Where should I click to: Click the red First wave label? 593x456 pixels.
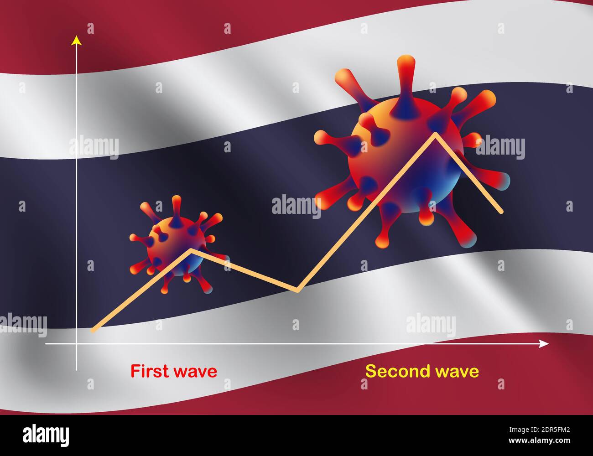174,371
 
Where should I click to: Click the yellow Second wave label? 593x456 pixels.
422,371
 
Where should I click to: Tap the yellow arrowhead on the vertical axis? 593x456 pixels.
77,41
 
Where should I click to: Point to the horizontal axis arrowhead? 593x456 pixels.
544,343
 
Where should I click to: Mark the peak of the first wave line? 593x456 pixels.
191,249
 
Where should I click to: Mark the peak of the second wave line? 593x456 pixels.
436,133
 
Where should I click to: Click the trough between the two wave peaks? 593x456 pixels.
297,290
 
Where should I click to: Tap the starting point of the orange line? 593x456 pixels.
93,331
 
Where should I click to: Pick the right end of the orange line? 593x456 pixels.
502,212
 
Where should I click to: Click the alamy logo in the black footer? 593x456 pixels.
46,434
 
